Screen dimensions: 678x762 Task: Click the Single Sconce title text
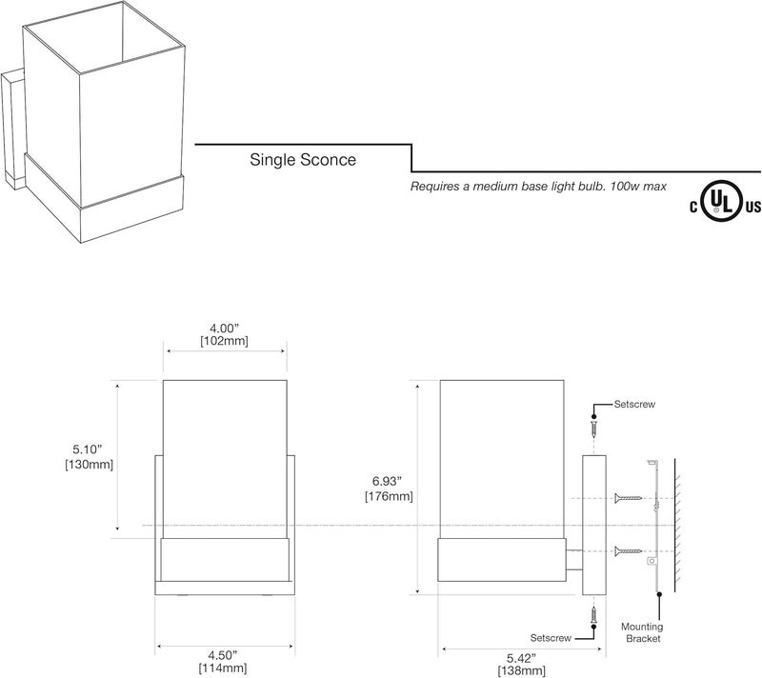(x=303, y=160)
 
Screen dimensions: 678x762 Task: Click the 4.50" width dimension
(x=225, y=655)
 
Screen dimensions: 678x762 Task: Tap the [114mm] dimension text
(x=225, y=668)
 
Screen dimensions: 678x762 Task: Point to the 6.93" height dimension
(x=389, y=481)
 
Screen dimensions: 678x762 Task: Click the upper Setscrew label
(x=635, y=404)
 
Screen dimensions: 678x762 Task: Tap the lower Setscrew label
(x=551, y=636)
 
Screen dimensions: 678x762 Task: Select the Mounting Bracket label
(x=642, y=632)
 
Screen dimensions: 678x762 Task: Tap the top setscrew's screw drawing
(x=593, y=427)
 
